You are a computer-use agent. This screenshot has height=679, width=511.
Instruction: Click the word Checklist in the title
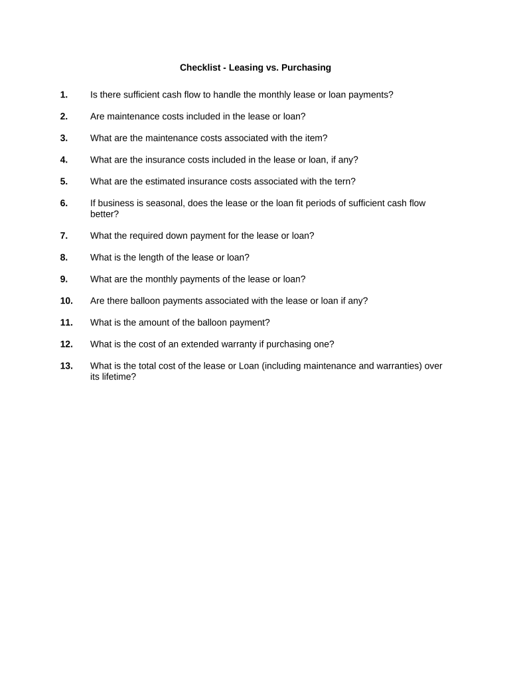tap(200, 68)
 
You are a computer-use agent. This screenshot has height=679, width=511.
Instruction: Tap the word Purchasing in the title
tap(306, 68)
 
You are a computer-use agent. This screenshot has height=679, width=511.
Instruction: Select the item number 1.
tap(64, 95)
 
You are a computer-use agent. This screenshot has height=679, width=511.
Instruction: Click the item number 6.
tap(64, 204)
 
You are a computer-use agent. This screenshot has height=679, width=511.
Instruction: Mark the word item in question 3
tap(314, 139)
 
